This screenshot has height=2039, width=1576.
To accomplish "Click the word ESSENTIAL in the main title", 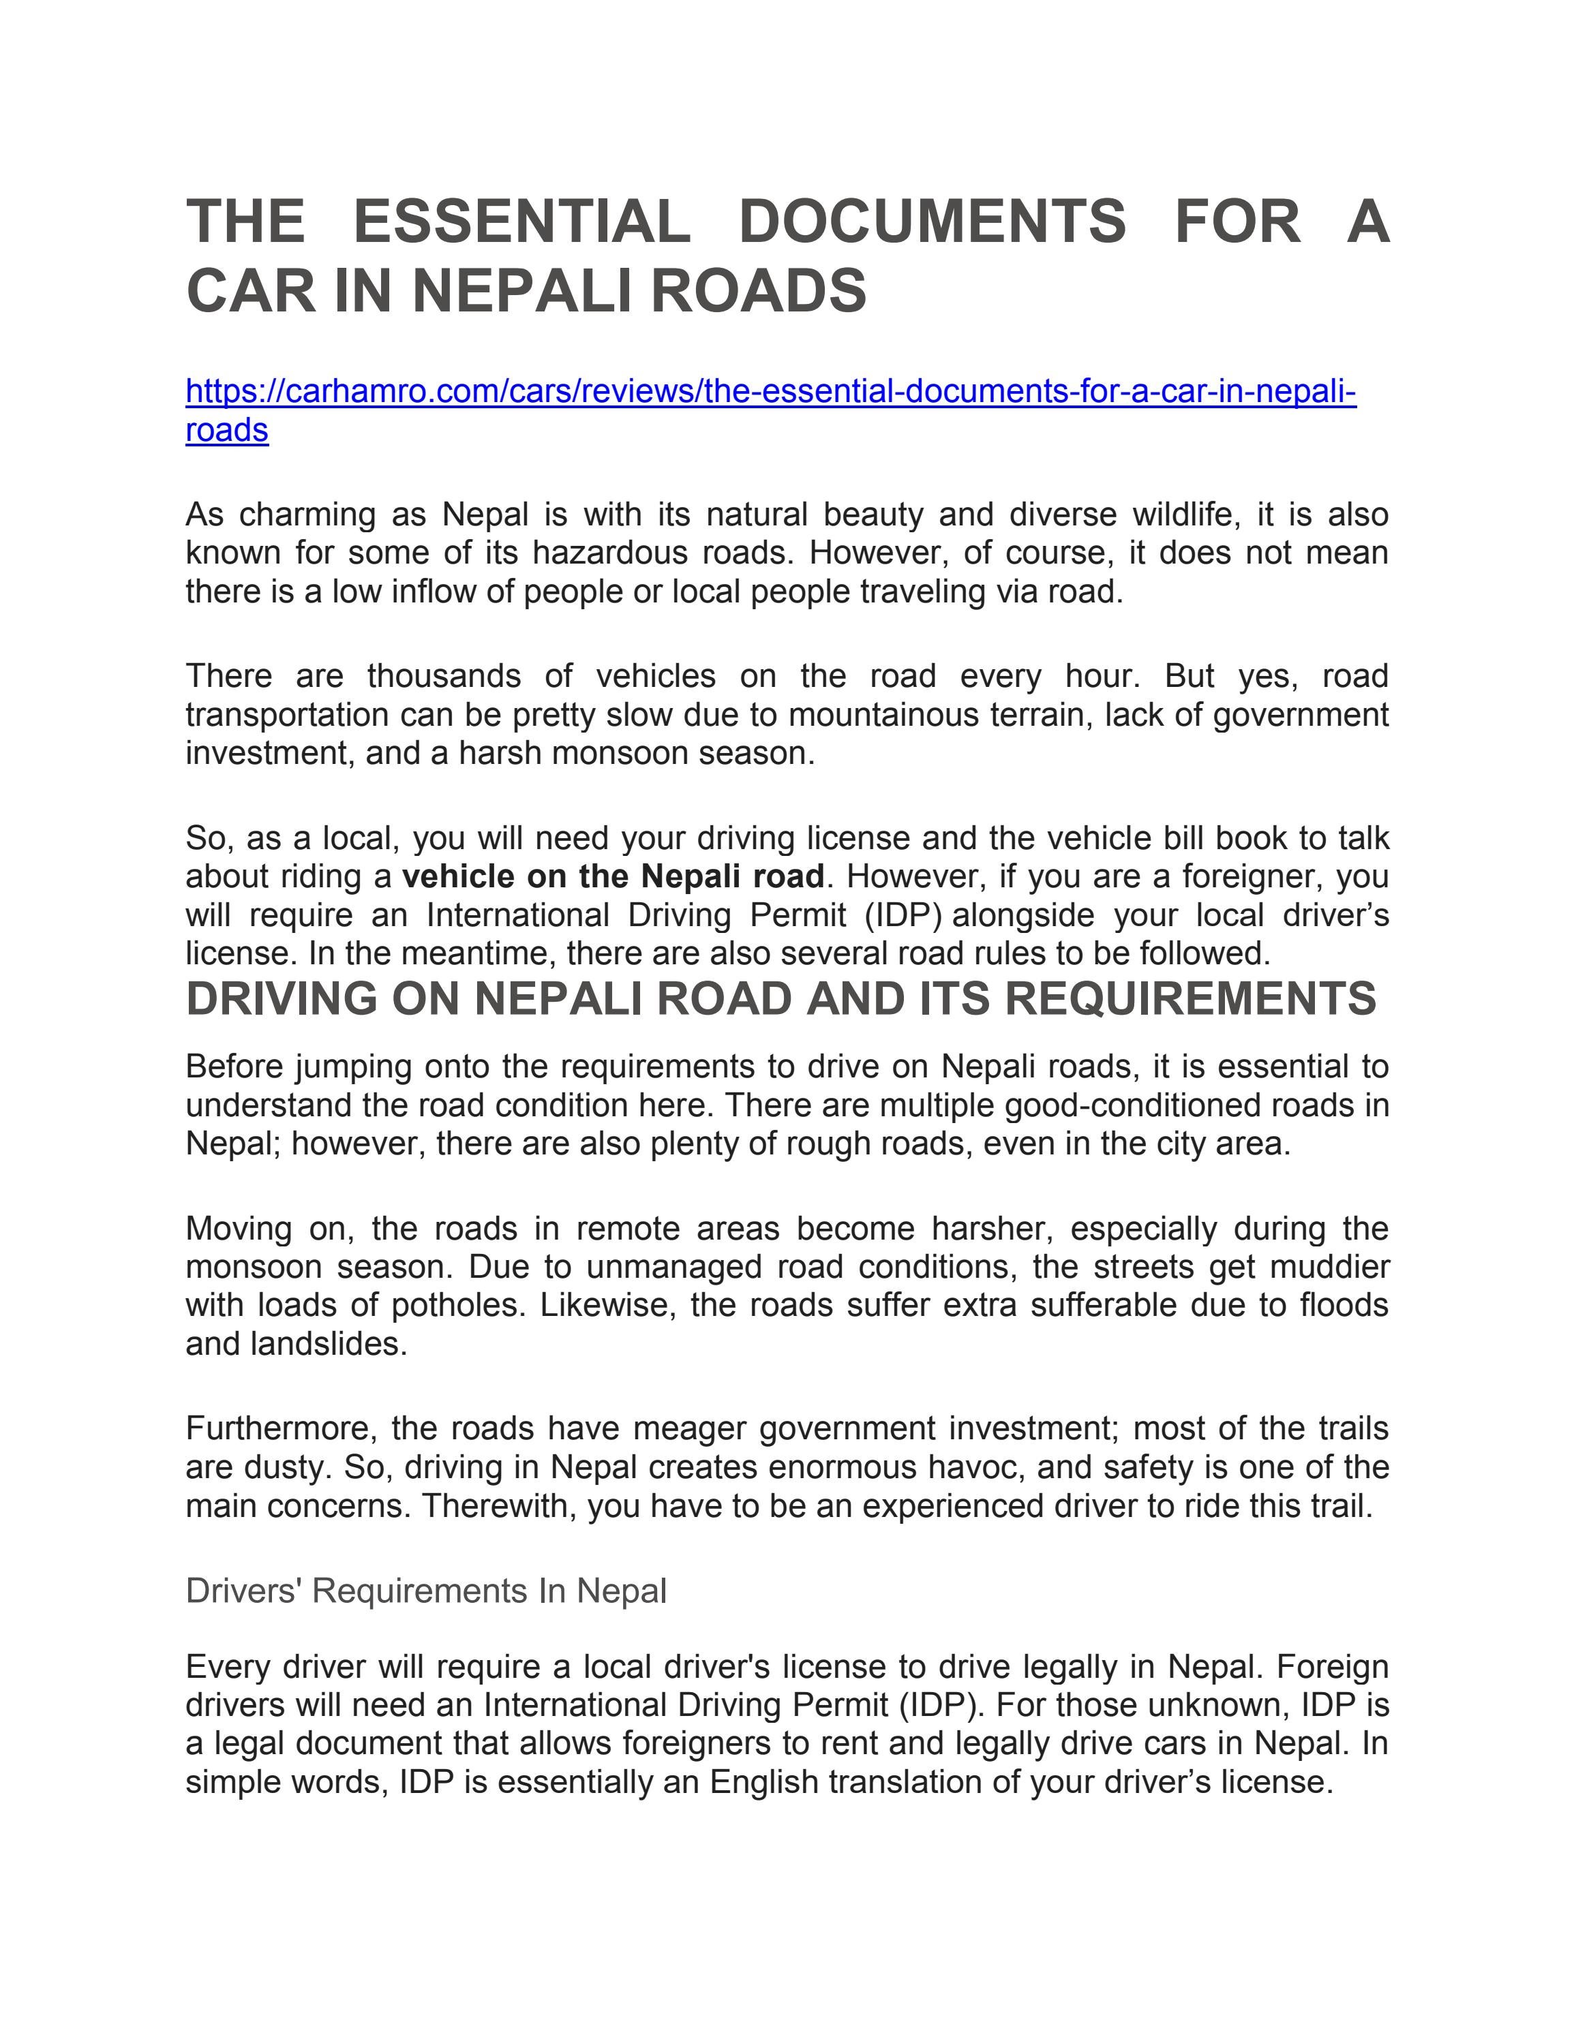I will point(522,222).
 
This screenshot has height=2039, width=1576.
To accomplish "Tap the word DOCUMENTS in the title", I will point(932,222).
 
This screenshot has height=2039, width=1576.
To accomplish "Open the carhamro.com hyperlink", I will point(770,391).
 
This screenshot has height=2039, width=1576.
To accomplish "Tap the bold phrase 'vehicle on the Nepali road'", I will point(613,876).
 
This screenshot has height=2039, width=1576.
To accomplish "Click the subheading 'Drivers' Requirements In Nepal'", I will point(426,1591).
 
